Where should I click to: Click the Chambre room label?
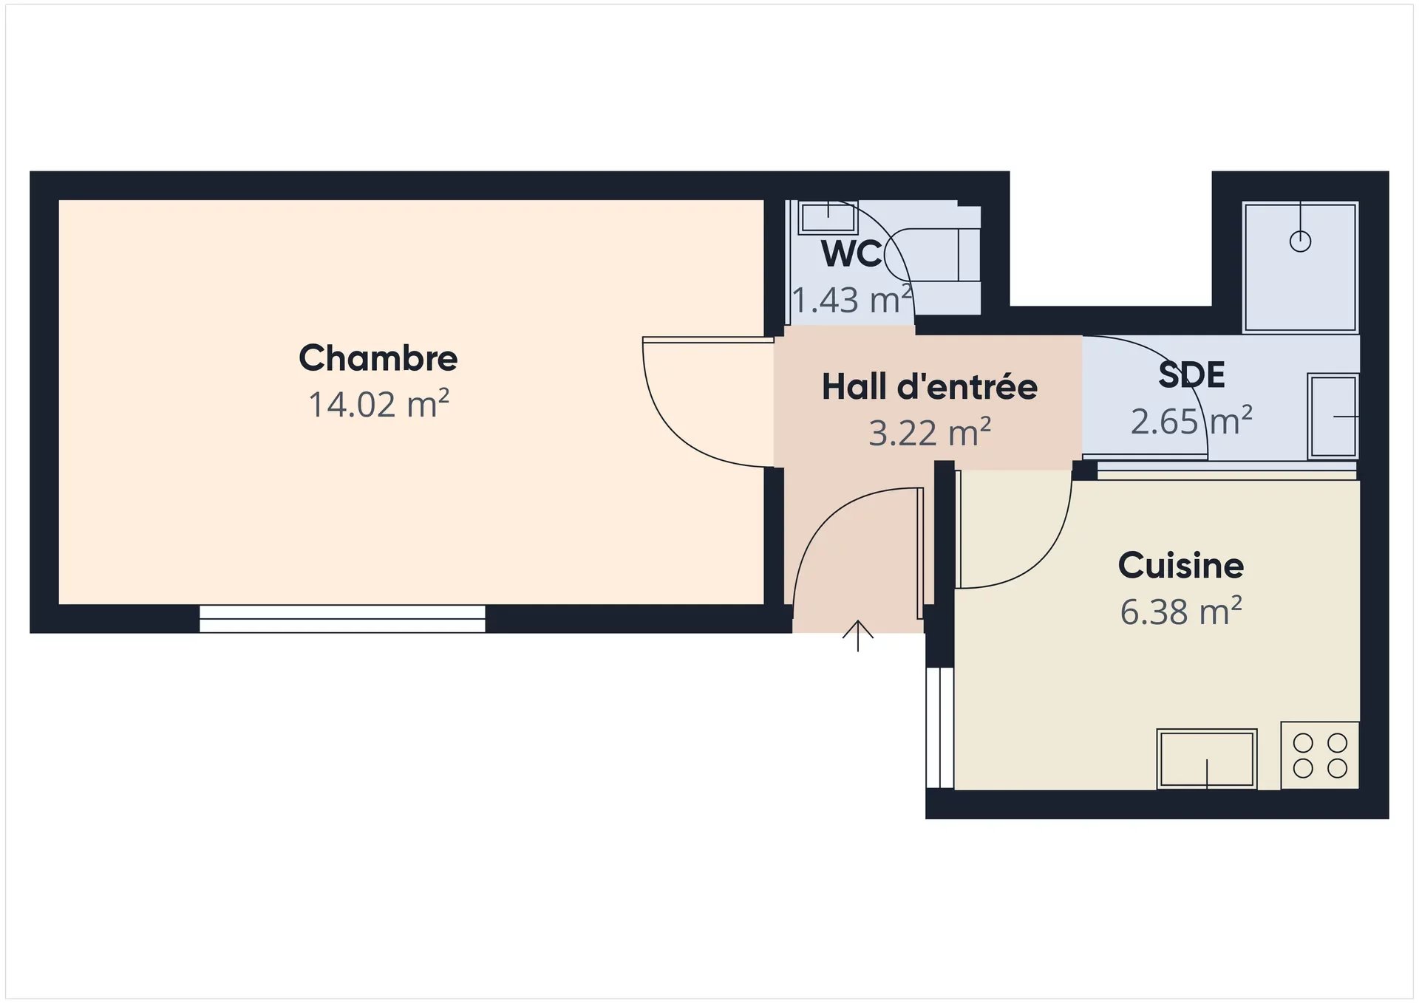[x=378, y=358]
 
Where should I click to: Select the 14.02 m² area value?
[x=378, y=404]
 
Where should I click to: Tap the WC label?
[x=851, y=253]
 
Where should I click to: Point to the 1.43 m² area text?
[x=852, y=300]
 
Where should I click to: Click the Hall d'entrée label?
[x=930, y=386]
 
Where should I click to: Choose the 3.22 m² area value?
[x=930, y=433]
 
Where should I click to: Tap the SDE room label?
[x=1191, y=374]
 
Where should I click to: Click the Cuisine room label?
[x=1181, y=566]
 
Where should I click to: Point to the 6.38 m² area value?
[x=1181, y=612]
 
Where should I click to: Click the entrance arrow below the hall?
[x=857, y=636]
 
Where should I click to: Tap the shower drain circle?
[x=1300, y=242]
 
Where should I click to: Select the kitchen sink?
[x=1207, y=759]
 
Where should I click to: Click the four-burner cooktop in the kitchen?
[x=1320, y=755]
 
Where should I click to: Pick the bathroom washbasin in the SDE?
[x=1333, y=417]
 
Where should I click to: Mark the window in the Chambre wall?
[x=342, y=619]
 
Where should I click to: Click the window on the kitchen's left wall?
[x=940, y=728]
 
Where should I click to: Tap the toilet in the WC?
[x=933, y=255]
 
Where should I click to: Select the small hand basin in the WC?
[x=828, y=217]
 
